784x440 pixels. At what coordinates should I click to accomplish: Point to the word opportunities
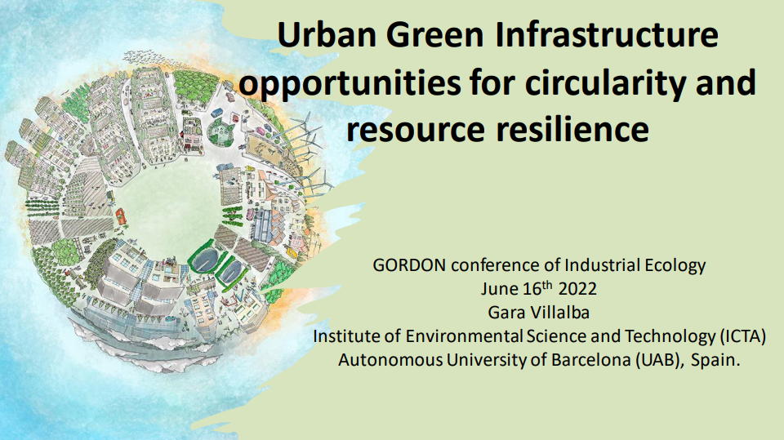click(x=350, y=83)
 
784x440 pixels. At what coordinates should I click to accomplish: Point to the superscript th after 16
click(x=547, y=286)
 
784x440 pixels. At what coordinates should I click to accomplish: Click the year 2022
click(x=577, y=289)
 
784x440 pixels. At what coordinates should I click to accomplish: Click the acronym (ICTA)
click(x=743, y=336)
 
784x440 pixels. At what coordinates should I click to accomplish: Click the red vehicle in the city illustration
click(x=121, y=217)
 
